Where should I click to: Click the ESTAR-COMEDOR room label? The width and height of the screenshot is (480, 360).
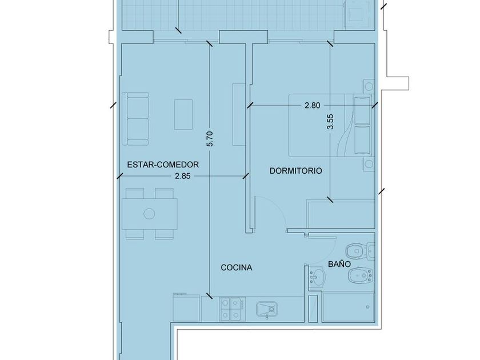click(163, 165)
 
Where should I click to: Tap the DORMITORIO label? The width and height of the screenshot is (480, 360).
click(296, 171)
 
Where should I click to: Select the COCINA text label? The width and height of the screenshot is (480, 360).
click(237, 267)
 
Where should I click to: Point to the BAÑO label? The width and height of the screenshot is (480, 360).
click(339, 264)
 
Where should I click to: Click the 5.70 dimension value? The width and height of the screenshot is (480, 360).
click(210, 139)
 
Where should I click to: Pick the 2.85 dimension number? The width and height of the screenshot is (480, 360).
click(183, 176)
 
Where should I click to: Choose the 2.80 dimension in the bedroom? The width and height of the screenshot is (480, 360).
click(312, 106)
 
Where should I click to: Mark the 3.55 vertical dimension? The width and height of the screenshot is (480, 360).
click(330, 122)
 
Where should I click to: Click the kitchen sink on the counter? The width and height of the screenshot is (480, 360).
click(267, 310)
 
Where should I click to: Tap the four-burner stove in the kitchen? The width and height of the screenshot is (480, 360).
click(233, 309)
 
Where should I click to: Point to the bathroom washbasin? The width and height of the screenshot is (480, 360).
click(317, 277)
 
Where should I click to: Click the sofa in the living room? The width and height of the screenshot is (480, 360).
click(135, 119)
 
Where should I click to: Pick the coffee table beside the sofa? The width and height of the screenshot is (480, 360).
click(183, 114)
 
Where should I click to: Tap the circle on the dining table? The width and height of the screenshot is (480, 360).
click(149, 214)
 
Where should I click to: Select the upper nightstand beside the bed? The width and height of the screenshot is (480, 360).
click(369, 87)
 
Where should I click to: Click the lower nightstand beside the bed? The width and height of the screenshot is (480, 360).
click(369, 164)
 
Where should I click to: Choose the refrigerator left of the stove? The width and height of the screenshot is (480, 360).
click(187, 307)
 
